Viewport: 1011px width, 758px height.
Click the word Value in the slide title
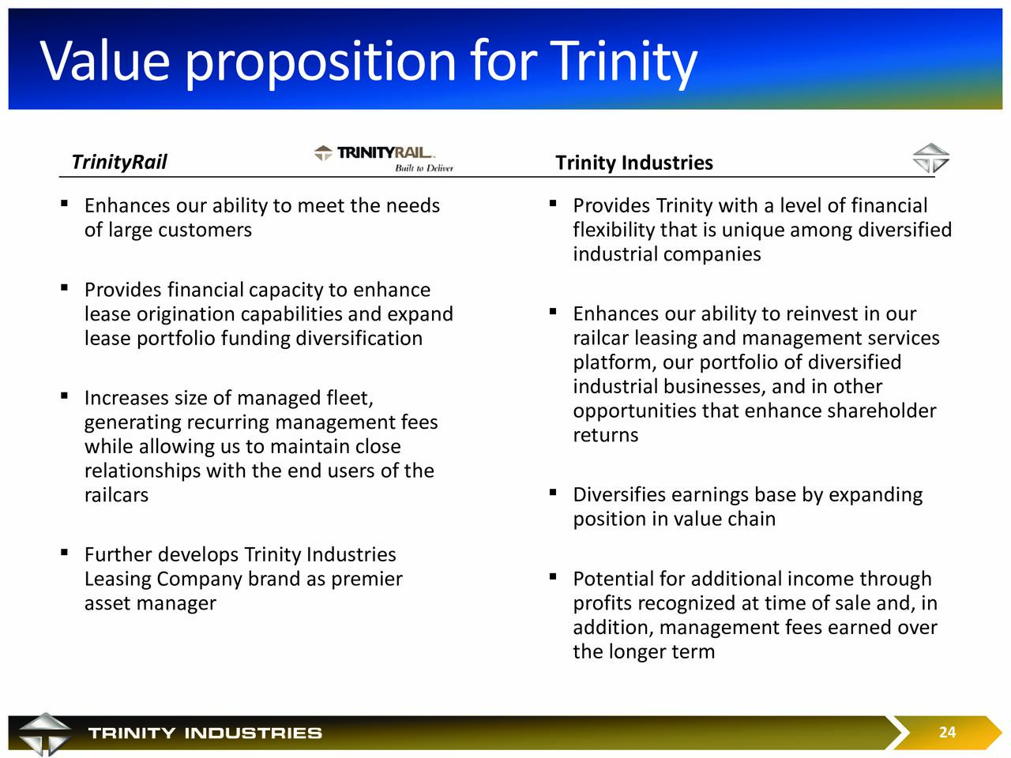click(105, 61)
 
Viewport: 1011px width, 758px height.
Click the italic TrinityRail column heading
click(119, 162)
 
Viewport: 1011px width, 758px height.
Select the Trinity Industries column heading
click(633, 163)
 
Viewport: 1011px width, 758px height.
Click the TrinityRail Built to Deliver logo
click(384, 159)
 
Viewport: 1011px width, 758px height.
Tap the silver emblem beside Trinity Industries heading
click(930, 158)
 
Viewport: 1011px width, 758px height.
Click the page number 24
click(947, 732)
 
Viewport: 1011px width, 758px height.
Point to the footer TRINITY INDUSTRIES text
click(205, 733)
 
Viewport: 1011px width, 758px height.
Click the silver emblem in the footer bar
click(45, 734)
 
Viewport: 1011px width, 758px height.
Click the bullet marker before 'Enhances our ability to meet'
click(65, 203)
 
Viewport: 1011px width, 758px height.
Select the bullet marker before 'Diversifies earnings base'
click(553, 493)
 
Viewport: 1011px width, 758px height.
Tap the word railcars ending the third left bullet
click(117, 495)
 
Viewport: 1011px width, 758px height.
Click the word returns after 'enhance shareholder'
click(606, 435)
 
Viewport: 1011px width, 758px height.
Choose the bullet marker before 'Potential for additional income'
click(553, 576)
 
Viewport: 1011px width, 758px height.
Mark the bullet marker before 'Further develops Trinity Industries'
click(65, 552)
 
